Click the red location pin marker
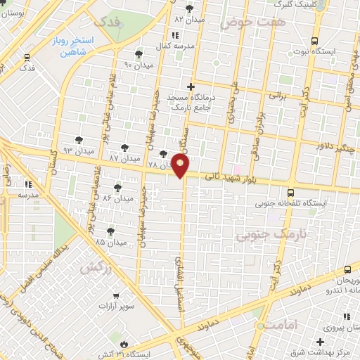[x=181, y=165]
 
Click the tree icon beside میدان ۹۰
[x=139, y=53]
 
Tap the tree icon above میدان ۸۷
[x=124, y=148]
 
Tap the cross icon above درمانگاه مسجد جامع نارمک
[x=191, y=86]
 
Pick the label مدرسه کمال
[x=175, y=46]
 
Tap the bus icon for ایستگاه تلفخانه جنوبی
[x=291, y=191]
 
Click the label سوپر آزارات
[x=115, y=307]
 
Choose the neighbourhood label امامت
[x=276, y=323]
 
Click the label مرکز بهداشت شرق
[x=319, y=352]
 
